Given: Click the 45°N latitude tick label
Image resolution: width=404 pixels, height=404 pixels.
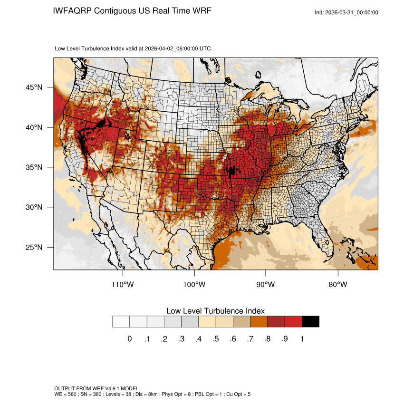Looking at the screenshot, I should click(x=34, y=87).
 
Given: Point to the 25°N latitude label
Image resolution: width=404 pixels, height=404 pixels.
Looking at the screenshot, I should click(x=34, y=248).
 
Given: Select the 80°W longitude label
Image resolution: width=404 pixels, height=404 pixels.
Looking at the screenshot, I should click(x=338, y=285).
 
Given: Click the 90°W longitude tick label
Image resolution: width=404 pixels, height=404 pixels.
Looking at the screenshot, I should click(x=266, y=285).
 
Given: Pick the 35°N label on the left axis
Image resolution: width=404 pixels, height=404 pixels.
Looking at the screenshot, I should click(x=34, y=168).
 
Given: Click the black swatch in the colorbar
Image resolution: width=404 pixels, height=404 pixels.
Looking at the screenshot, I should click(x=310, y=322).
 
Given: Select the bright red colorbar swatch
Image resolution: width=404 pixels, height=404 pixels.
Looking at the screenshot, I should click(x=293, y=322).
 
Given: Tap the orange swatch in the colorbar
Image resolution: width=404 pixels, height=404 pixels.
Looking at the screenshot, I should click(x=259, y=322).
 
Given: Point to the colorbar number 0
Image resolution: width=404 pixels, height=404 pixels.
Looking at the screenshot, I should click(x=129, y=339).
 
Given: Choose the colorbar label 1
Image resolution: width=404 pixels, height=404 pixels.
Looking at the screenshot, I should click(x=302, y=339).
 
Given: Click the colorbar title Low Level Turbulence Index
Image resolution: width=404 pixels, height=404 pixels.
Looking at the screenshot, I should click(x=215, y=310).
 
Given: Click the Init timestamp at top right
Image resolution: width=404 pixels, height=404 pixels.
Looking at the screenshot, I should click(x=346, y=12).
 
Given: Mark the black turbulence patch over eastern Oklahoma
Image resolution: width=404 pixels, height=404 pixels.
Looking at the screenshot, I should click(x=232, y=170).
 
